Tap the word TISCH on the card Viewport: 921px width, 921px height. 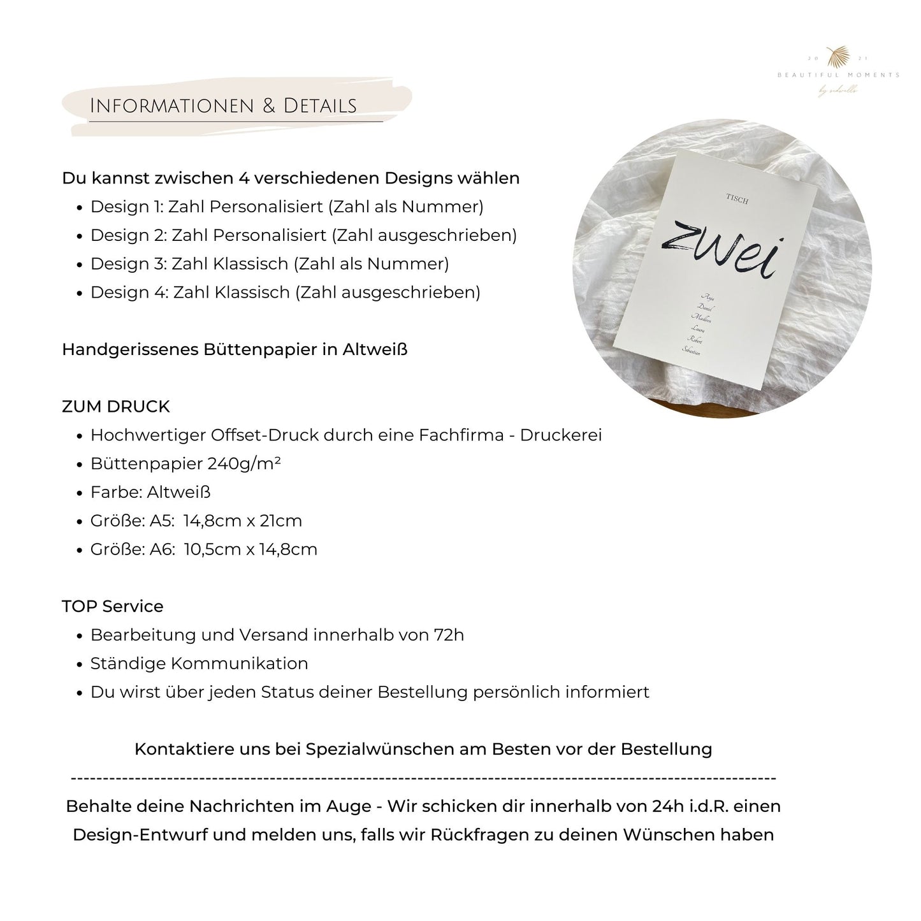(x=737, y=200)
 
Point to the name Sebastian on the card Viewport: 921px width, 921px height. (x=691, y=350)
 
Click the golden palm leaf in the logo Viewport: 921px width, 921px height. (x=837, y=57)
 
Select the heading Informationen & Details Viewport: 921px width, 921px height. (x=223, y=106)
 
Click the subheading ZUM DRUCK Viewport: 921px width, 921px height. (x=116, y=407)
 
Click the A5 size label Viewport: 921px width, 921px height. (x=162, y=521)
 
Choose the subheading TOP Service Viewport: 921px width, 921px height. (x=113, y=606)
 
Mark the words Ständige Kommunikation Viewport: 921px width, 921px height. (x=199, y=664)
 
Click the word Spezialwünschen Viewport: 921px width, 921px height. (x=379, y=749)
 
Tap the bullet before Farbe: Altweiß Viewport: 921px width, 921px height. (x=80, y=493)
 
